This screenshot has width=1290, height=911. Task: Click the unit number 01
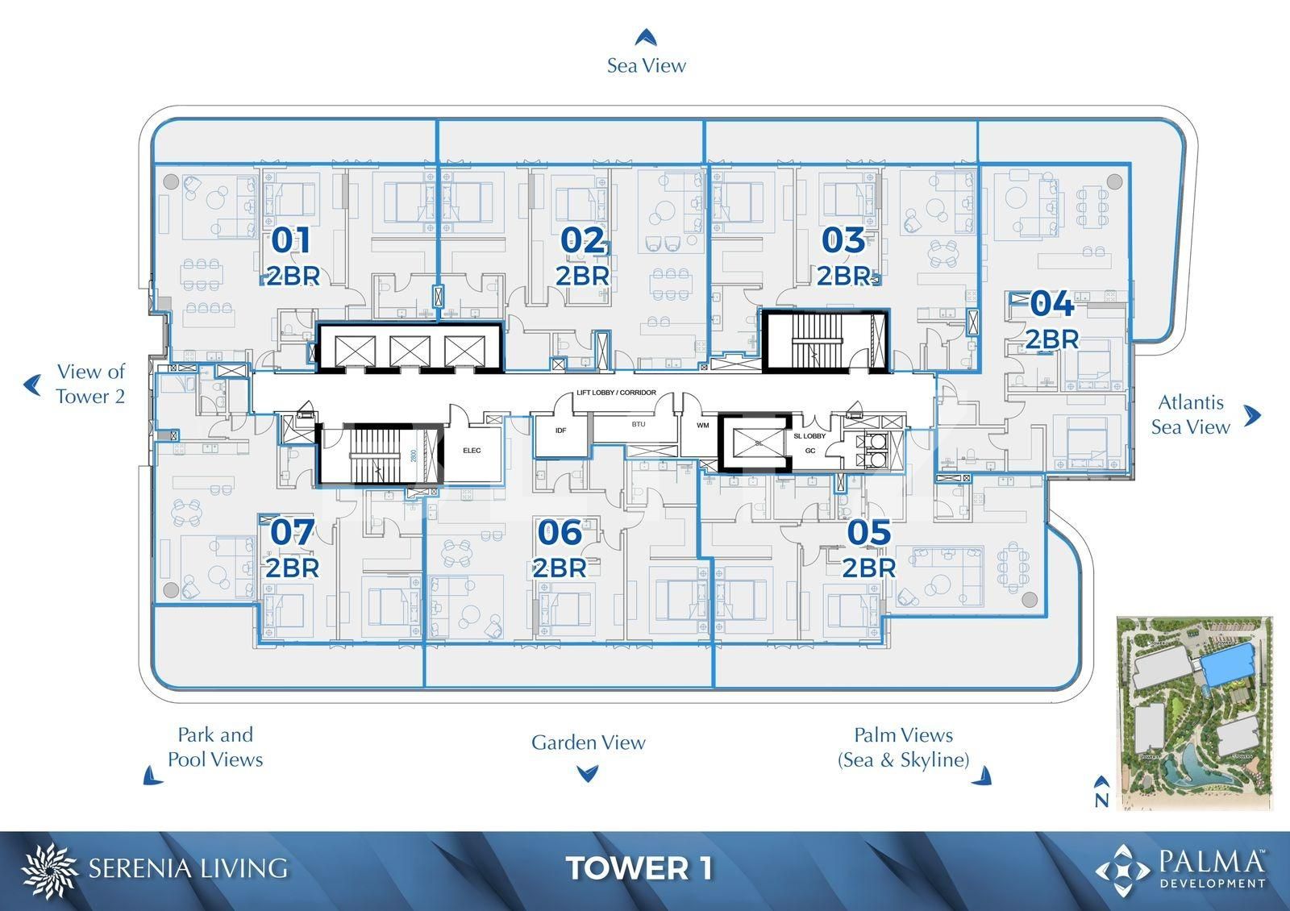tap(291, 240)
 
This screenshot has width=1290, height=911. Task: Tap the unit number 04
tap(1052, 304)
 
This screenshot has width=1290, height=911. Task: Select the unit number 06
tap(560, 532)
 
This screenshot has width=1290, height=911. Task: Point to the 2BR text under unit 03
tap(844, 276)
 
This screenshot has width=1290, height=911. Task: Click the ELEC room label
tap(472, 451)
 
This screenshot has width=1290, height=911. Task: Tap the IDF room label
tap(561, 431)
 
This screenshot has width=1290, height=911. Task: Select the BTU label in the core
tap(639, 424)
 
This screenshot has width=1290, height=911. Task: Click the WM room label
tap(702, 425)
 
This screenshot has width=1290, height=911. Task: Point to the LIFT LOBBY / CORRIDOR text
tap(616, 393)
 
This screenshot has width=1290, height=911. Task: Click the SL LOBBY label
tap(809, 436)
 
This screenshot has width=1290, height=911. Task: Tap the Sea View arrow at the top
tap(645, 37)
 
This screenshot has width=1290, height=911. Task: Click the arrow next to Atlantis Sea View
tap(1252, 415)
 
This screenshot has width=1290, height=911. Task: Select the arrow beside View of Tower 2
tap(32, 385)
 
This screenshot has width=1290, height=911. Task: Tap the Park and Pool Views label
tap(215, 747)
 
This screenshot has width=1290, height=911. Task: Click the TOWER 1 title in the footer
tap(639, 868)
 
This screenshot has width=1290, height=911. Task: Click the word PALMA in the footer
tap(1211, 861)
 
